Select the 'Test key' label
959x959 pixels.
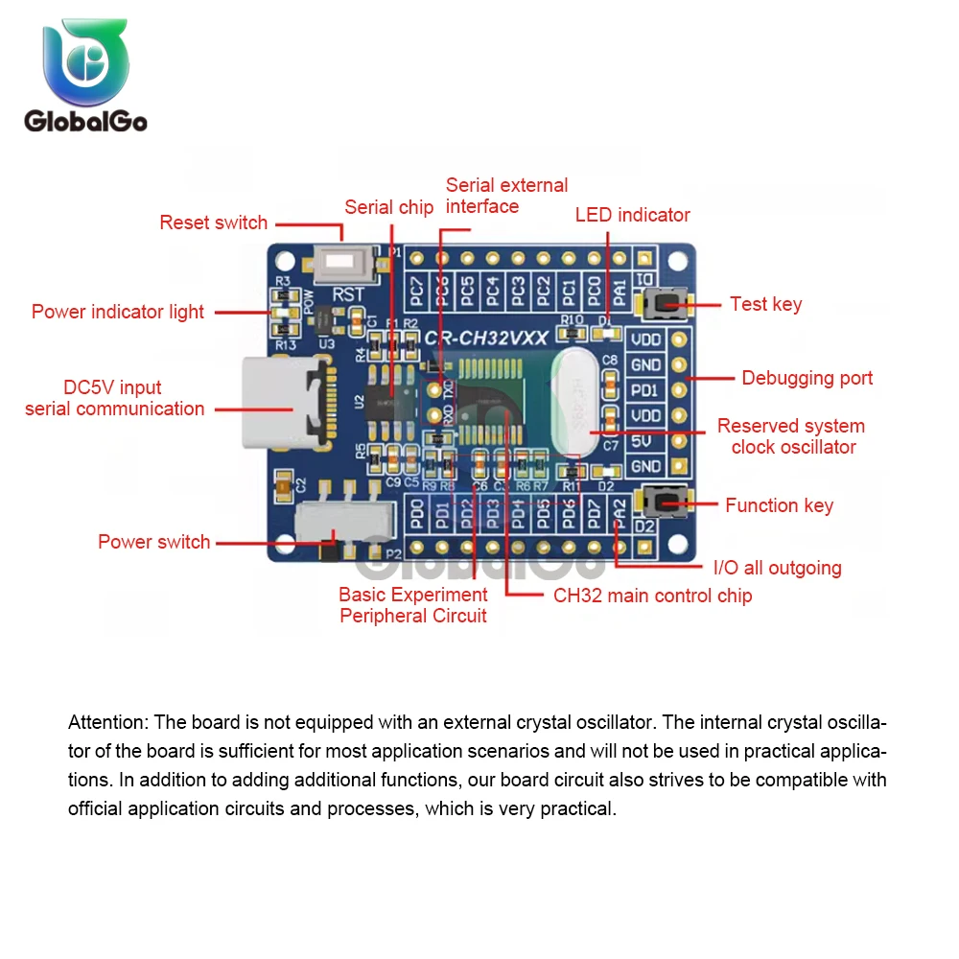[x=765, y=304]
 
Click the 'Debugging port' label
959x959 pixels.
[x=807, y=378]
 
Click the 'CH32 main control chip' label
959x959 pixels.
[x=652, y=596]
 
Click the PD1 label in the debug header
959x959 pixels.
[x=645, y=390]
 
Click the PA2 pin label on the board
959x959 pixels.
[x=620, y=516]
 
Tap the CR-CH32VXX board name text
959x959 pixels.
[x=486, y=338]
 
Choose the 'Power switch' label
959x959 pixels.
[x=153, y=542]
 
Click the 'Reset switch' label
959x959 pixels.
[x=213, y=222]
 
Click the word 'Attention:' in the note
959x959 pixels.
[x=108, y=722]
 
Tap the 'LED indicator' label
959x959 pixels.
[x=632, y=215]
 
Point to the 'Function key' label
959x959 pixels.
[x=779, y=505]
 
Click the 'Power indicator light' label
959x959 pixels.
[x=117, y=312]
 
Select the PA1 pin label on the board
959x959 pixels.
[x=620, y=289]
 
